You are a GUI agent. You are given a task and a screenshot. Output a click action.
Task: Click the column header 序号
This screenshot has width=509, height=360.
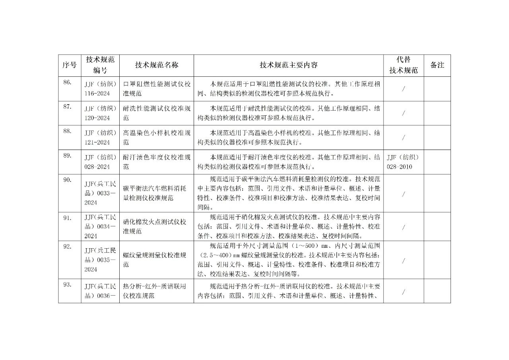point(70,65)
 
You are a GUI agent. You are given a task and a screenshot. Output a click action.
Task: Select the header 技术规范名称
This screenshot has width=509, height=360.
point(157,65)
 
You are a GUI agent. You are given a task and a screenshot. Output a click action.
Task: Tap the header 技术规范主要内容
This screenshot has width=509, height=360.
point(289,65)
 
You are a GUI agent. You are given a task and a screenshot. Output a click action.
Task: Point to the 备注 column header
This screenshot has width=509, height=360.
point(437,65)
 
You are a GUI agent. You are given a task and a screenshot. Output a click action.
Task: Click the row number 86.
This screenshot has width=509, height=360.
point(67,83)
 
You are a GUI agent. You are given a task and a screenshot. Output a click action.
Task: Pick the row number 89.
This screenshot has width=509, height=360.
point(67,156)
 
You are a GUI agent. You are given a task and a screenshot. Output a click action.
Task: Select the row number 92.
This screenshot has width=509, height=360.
point(67,246)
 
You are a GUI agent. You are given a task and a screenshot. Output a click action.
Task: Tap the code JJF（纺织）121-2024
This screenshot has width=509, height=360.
point(100,137)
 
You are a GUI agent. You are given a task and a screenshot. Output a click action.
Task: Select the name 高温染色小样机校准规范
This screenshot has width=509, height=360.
point(157,137)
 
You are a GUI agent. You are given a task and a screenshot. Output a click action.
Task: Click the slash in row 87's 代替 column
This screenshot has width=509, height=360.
point(404,113)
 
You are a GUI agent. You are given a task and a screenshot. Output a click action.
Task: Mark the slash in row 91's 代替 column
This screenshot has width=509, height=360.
point(404,227)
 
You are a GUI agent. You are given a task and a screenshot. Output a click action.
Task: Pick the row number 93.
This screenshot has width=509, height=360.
point(67,284)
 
